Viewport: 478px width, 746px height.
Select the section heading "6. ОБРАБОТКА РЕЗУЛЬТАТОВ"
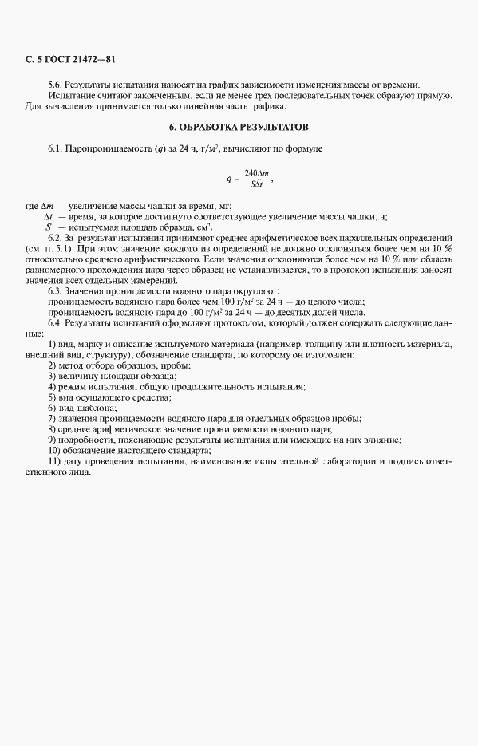[x=239, y=128]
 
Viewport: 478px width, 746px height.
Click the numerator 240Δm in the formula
[x=257, y=173]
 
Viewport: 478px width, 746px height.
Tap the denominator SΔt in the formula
[x=257, y=184]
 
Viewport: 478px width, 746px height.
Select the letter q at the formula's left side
[x=228, y=179]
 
